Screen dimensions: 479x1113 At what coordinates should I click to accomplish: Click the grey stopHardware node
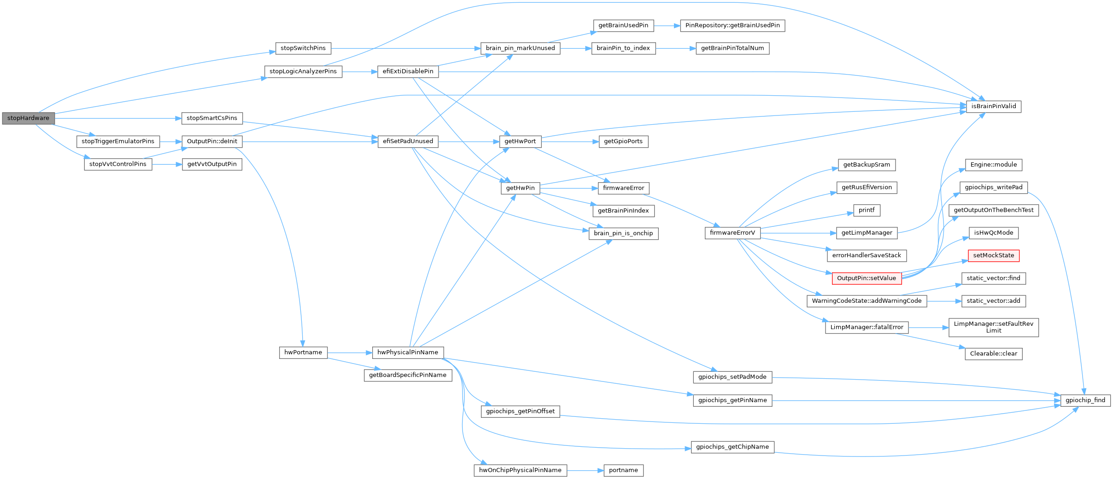(28, 118)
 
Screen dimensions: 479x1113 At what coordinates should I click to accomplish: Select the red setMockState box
(993, 255)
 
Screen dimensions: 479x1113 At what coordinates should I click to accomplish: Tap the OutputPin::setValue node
(866, 278)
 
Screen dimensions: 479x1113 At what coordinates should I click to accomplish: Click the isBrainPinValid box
(993, 106)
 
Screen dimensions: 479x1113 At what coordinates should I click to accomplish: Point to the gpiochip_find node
(1085, 400)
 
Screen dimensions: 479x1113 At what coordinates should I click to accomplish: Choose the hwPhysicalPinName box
(408, 352)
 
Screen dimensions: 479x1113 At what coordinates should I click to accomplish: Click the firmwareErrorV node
(732, 233)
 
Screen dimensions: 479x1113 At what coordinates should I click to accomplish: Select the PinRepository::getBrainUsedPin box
(732, 25)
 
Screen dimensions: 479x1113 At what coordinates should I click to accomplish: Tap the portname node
(623, 470)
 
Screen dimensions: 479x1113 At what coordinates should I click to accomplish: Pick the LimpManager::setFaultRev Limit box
(993, 327)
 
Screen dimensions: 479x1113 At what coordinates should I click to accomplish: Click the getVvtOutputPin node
(212, 164)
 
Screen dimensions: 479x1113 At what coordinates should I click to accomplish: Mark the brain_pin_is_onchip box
(623, 233)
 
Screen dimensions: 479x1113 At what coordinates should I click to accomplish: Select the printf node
(866, 210)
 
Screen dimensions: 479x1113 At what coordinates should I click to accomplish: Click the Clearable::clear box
(993, 354)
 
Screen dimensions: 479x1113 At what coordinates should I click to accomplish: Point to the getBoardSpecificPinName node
(408, 375)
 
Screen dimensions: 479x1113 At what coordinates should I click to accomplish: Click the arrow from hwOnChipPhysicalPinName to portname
(585, 470)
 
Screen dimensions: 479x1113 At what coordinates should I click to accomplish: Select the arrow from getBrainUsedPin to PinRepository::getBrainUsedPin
(667, 26)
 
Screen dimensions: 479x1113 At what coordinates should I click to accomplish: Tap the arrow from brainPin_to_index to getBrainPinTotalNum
(675, 48)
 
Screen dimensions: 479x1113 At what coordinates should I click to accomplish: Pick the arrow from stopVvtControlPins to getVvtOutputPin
(167, 164)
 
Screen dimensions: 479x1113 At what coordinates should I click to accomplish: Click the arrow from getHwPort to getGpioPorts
(570, 142)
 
